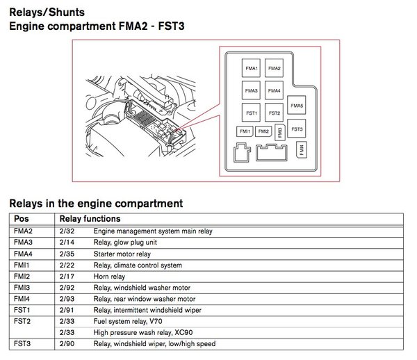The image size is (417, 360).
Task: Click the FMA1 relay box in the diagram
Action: [252, 69]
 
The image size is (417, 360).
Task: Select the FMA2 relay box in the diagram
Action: [274, 69]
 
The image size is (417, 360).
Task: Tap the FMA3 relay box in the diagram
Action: [252, 91]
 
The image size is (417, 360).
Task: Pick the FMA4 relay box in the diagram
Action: [274, 91]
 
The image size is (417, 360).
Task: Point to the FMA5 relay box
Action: [297, 106]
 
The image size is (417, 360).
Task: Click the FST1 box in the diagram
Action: [252, 113]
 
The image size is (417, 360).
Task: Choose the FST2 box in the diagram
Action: [274, 113]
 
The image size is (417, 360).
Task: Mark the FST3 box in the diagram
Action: [297, 129]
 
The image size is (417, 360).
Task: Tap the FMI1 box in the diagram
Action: [245, 131]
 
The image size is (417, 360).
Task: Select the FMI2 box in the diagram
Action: [263, 131]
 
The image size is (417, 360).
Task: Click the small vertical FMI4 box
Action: [301, 149]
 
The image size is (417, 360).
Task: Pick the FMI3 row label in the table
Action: [22, 287]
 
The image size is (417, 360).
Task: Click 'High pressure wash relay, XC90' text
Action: [144, 332]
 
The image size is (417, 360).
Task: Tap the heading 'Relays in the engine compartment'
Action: [95, 204]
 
